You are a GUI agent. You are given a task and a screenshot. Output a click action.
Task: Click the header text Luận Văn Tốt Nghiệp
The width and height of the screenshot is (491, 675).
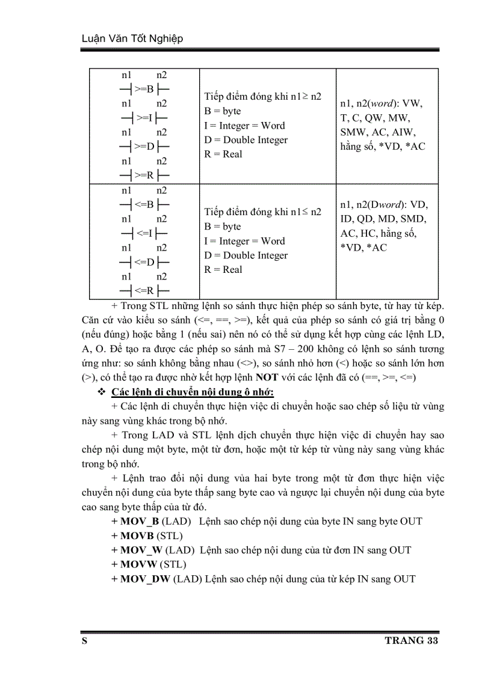pyautogui.click(x=132, y=38)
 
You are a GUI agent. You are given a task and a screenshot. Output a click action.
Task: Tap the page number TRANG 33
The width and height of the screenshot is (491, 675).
pyautogui.click(x=412, y=641)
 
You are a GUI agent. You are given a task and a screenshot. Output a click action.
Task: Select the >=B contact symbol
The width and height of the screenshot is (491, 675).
pyautogui.click(x=144, y=90)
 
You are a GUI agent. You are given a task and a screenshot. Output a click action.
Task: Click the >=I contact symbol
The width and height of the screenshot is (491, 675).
pyautogui.click(x=144, y=118)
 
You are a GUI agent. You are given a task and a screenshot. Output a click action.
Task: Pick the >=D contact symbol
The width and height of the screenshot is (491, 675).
pyautogui.click(x=144, y=147)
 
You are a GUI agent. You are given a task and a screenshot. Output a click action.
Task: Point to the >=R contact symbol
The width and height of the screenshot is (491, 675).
pyautogui.click(x=144, y=176)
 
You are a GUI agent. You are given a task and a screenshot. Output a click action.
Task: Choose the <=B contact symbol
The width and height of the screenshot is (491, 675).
pyautogui.click(x=144, y=204)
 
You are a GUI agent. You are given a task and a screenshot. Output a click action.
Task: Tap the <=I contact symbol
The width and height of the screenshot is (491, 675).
pyautogui.click(x=144, y=233)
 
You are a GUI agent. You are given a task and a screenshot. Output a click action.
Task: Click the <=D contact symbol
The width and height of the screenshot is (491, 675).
pyautogui.click(x=144, y=262)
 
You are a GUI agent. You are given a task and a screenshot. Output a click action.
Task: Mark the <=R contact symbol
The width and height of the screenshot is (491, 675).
pyautogui.click(x=144, y=291)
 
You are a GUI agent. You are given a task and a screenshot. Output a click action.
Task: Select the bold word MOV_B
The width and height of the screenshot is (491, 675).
pyautogui.click(x=140, y=521)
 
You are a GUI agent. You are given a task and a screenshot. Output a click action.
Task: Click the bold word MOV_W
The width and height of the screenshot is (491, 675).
pyautogui.click(x=141, y=550)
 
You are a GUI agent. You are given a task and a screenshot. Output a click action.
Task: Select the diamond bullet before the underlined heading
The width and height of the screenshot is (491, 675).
pyautogui.click(x=100, y=392)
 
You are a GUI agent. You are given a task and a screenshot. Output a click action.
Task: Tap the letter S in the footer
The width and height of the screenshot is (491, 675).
pyautogui.click(x=85, y=641)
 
